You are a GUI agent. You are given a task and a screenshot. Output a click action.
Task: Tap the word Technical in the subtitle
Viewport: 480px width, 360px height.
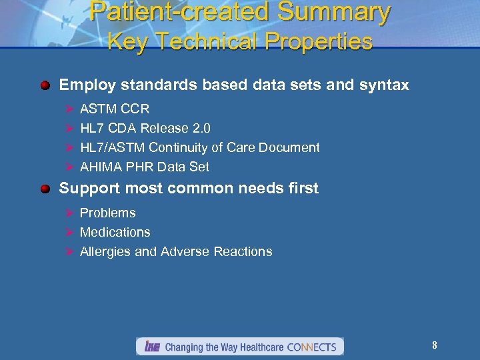(x=207, y=42)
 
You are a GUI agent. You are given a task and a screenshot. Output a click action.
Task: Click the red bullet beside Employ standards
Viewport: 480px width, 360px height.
(x=45, y=85)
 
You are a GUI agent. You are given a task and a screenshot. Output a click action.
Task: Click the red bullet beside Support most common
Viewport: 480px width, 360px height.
(x=45, y=189)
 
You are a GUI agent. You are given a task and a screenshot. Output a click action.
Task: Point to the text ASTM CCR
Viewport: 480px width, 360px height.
(x=115, y=109)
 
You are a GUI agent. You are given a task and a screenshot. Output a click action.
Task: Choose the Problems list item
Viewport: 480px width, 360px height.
(x=107, y=213)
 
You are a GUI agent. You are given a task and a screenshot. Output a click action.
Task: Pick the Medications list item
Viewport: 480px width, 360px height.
(x=115, y=233)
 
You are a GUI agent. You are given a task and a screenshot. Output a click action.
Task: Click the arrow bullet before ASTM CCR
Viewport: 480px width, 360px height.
(x=67, y=109)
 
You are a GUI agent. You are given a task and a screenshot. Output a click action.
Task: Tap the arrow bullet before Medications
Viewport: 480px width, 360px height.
(x=67, y=233)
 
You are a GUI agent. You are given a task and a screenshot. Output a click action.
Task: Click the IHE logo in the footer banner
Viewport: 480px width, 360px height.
(x=150, y=347)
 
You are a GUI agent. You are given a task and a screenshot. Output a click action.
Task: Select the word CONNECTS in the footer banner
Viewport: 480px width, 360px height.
(x=311, y=347)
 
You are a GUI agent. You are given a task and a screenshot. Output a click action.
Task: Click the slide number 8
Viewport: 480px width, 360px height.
(x=435, y=345)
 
